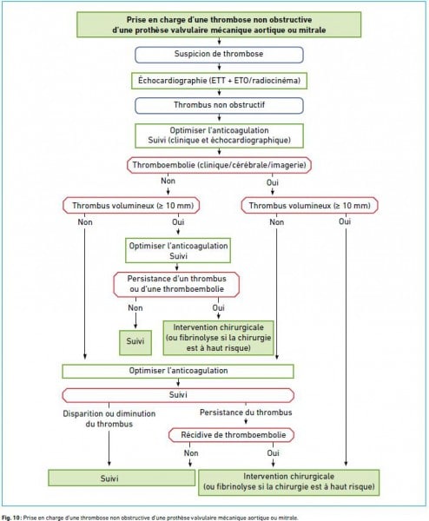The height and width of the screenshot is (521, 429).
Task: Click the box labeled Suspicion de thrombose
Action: pos(219,55)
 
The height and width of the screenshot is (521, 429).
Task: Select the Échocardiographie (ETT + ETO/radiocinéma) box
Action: pos(219,81)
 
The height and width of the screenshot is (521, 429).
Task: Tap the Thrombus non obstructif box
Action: pos(219,105)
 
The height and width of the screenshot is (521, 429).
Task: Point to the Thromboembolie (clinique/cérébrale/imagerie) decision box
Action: pos(219,165)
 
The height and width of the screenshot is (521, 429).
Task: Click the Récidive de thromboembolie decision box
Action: pos(231,435)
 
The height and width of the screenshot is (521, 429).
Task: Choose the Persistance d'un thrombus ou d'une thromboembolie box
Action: pos(176,285)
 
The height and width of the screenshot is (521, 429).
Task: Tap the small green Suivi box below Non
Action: pos(135,343)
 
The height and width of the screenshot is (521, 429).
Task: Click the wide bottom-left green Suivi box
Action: pos(122,478)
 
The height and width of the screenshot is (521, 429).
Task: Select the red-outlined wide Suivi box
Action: pos(178,395)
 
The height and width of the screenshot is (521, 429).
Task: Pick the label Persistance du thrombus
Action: pos(246,412)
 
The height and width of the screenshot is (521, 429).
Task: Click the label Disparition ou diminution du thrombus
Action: pos(109,419)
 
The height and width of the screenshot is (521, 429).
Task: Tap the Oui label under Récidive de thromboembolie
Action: pos(274,453)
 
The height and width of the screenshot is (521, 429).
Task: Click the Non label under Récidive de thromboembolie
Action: pos(191,453)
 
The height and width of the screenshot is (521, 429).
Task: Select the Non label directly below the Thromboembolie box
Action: pos(168,181)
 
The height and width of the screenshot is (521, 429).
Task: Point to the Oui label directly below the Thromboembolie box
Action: pos(273,182)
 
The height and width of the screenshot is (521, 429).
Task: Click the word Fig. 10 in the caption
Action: pos(10,518)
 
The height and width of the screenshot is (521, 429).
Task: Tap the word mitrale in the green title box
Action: pos(313,30)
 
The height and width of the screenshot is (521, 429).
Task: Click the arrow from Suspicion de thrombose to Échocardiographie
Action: pos(219,67)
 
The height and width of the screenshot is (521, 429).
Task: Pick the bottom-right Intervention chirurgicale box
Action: pos(289,483)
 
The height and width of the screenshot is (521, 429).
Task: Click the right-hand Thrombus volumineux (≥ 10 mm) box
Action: pos(309,206)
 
